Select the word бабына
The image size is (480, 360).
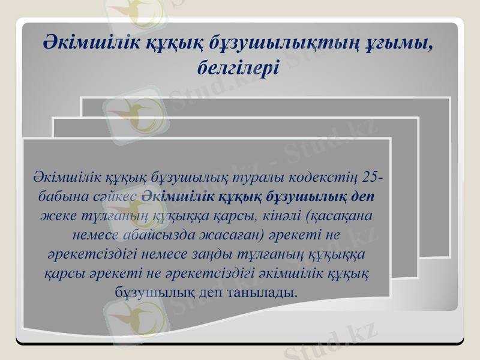(x=59, y=196)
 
